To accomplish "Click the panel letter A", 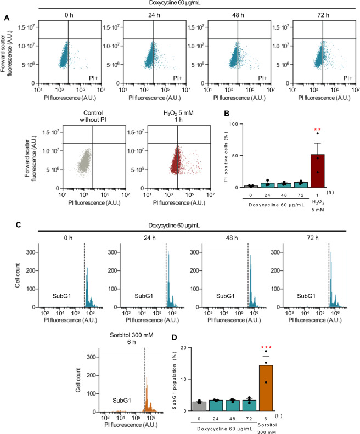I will (7, 18).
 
